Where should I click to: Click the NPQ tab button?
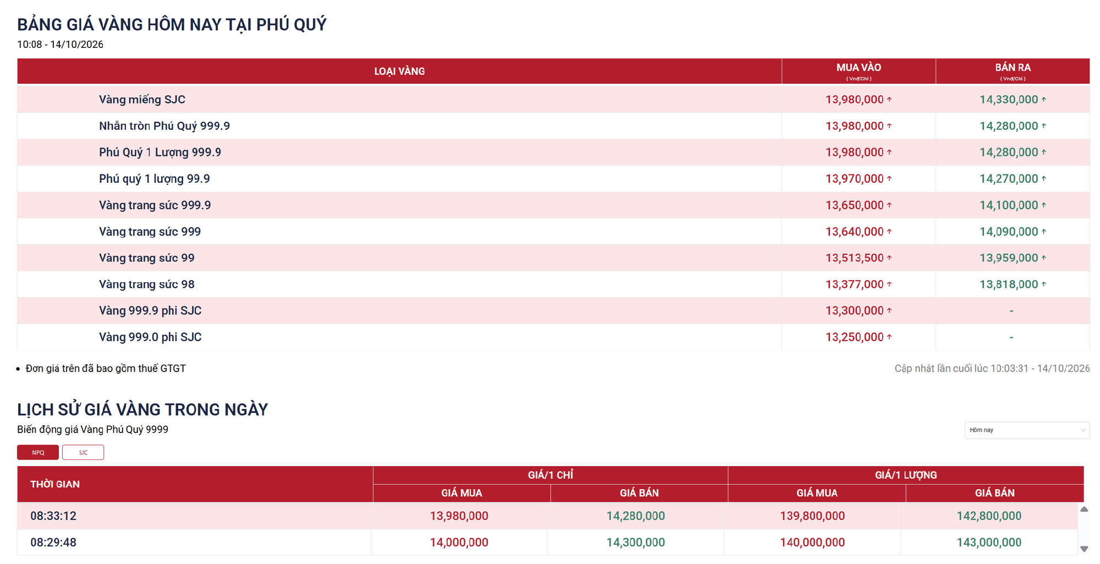pos(38,452)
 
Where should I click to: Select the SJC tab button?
pos(83,452)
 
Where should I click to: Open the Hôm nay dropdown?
pos(1027,430)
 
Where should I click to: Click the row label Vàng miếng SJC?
pos(142,100)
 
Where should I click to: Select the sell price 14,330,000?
pos(1009,100)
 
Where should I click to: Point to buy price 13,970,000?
pos(855,179)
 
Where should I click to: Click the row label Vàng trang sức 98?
pos(147,284)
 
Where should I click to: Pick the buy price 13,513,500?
pos(855,258)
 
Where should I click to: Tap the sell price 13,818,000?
pos(1009,284)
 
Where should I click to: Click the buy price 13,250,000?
pos(855,337)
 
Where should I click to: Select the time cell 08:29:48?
pos(53,543)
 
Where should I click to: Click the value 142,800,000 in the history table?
pos(989,516)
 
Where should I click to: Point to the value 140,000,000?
pos(812,543)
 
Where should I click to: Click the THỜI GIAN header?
pos(55,484)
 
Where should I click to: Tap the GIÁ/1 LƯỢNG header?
pos(906,475)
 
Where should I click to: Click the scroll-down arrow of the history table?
pos(1084,549)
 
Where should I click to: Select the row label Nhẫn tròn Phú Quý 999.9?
pos(164,126)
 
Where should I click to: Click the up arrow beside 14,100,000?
pos(1043,205)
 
